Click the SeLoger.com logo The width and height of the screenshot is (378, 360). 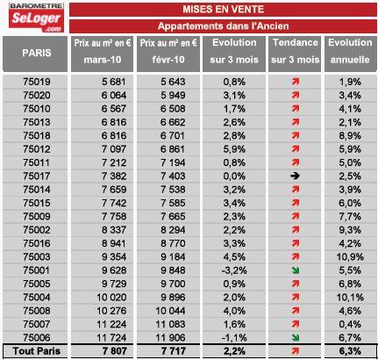pyautogui.click(x=36, y=18)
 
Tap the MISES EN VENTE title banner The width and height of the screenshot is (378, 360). pyautogui.click(x=223, y=10)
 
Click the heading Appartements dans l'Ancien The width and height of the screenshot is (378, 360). pyautogui.click(x=223, y=26)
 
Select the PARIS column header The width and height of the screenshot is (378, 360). pyautogui.click(x=35, y=54)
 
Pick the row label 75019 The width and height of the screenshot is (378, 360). pyautogui.click(x=37, y=82)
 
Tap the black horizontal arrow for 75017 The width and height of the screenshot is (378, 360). pyautogui.click(x=295, y=176)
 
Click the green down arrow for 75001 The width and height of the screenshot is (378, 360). pyautogui.click(x=296, y=270)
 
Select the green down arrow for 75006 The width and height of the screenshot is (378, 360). pyautogui.click(x=296, y=337)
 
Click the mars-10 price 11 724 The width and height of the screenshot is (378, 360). pyautogui.click(x=111, y=337)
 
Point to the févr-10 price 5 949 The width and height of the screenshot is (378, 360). pyautogui.click(x=173, y=95)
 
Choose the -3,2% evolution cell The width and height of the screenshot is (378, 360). pyautogui.click(x=234, y=270)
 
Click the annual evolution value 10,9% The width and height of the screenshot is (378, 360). pyautogui.click(x=350, y=256)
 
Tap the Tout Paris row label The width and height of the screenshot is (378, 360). pyautogui.click(x=37, y=351)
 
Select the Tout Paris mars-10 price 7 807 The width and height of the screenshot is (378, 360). pyautogui.click(x=114, y=351)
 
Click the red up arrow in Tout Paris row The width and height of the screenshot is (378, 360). pyautogui.click(x=296, y=351)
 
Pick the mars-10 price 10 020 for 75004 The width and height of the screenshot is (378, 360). pyautogui.click(x=111, y=297)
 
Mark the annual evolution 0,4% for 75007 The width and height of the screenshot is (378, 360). pyautogui.click(x=350, y=324)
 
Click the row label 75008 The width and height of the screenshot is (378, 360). pyautogui.click(x=37, y=311)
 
